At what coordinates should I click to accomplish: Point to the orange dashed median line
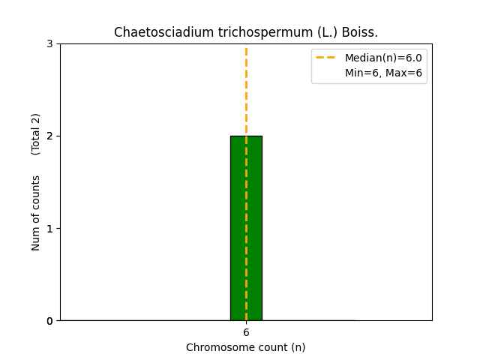coord(246,90)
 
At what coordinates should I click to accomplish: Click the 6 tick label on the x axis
coord(246,332)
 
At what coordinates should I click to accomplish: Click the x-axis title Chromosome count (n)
coord(246,347)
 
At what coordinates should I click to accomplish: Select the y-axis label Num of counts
coord(36,213)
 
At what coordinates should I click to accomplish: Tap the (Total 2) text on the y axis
coord(36,134)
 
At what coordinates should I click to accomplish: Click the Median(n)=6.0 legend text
coord(383,58)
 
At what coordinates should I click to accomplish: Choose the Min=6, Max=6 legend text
coord(383,73)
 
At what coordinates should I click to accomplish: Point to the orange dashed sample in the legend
coord(327,58)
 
